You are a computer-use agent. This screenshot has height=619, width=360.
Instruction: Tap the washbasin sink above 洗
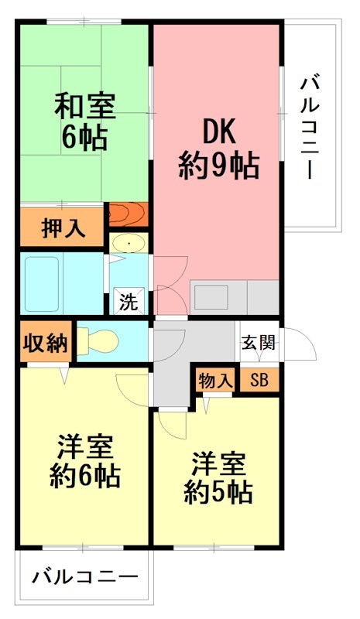coord(127,245)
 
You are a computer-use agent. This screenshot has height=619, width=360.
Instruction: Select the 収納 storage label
coord(46,341)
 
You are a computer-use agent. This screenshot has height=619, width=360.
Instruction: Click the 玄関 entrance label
coord(258,341)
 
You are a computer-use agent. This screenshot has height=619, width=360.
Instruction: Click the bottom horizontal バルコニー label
coord(86,577)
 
